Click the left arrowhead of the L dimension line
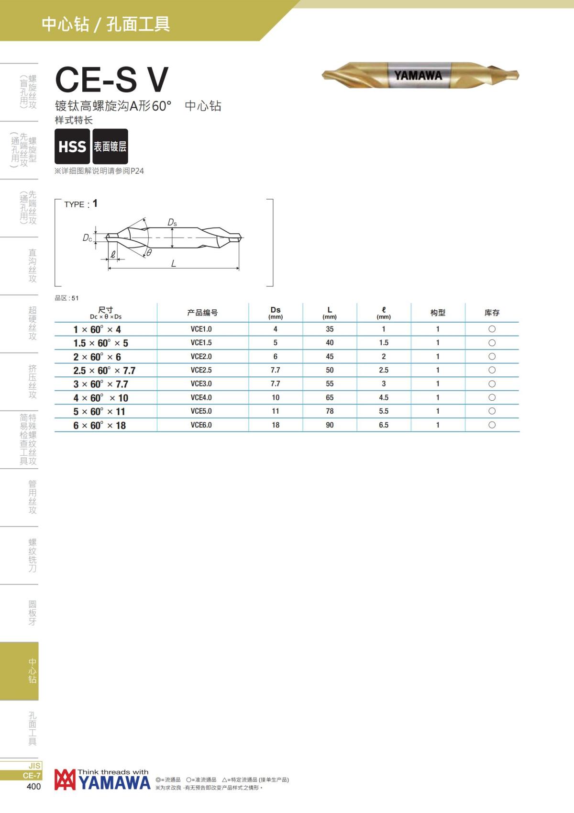coord(110,268)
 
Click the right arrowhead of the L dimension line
coord(238,268)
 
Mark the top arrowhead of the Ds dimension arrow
coord(172,229)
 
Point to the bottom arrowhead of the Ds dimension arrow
coord(172,246)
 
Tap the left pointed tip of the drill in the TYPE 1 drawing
coord(106,237)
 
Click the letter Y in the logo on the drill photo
coord(398,76)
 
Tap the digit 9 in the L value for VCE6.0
coord(328,425)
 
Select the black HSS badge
coord(72,146)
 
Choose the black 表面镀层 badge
coord(110,146)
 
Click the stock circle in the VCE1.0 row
coord(492,329)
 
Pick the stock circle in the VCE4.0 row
coord(492,397)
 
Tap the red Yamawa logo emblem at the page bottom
coord(65,779)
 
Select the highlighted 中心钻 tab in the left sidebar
coord(19,671)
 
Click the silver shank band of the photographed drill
coord(419,76)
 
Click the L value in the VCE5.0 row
coord(330,411)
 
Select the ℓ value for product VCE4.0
coord(384,397)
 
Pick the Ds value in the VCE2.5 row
coord(275,370)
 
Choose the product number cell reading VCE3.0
coord(201,384)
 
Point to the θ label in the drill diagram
coord(149,253)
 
